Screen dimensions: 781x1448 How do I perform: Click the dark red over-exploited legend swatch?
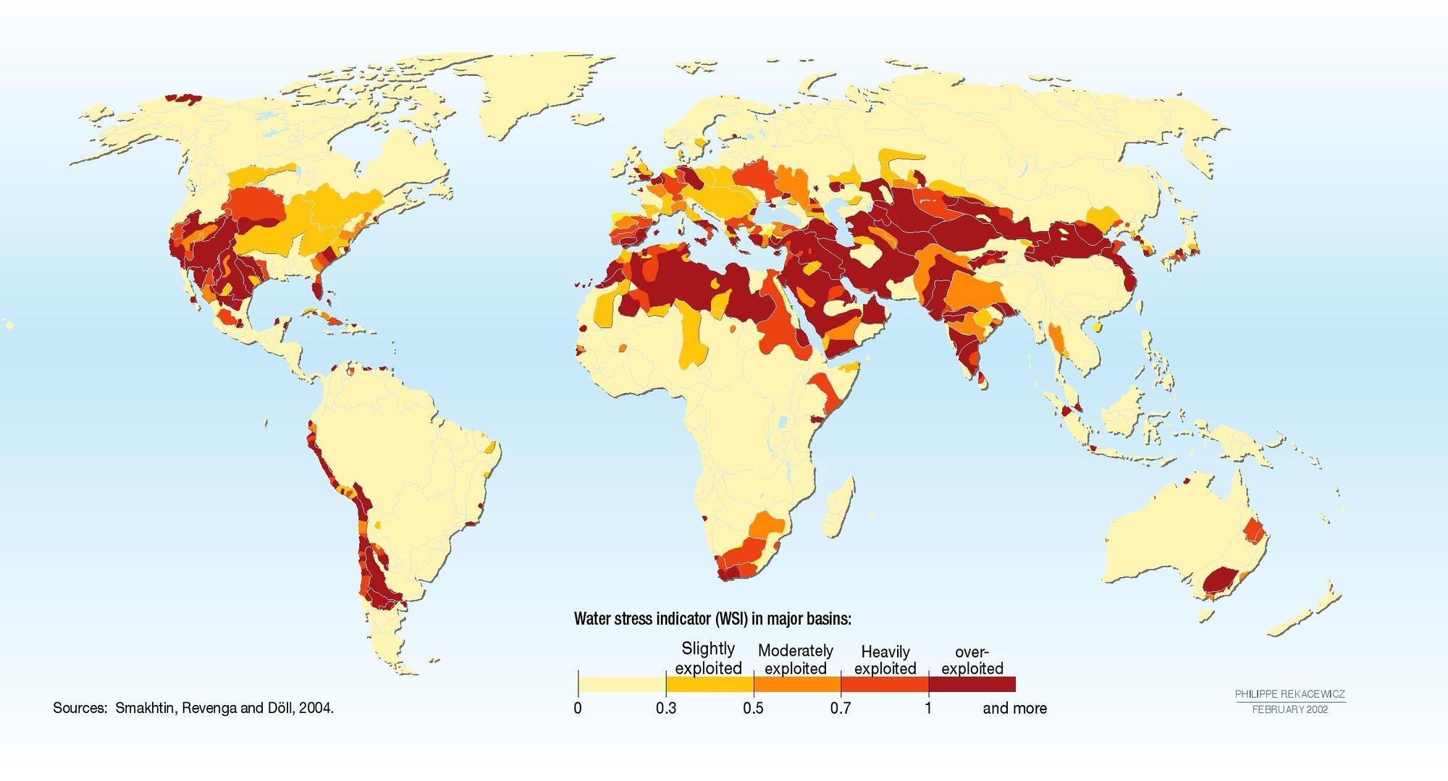point(972,685)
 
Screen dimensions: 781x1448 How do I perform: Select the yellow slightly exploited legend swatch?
point(710,685)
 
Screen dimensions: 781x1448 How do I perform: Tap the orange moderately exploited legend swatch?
point(797,685)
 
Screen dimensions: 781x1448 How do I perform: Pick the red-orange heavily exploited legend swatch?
point(884,685)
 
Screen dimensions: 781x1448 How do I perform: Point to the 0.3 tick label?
point(666,708)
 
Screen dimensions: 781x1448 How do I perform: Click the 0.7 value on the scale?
point(841,708)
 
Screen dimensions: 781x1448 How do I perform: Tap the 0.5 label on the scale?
point(753,708)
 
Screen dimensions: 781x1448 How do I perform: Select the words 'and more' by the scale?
point(1014,708)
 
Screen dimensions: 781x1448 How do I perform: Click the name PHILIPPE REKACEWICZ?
point(1290,694)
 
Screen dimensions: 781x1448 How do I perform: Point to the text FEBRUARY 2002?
point(1290,709)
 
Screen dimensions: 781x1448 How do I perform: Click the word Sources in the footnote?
point(79,708)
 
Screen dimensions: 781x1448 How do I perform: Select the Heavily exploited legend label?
point(885,659)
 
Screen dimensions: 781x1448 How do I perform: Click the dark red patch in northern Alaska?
point(182,97)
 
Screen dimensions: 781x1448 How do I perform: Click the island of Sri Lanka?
point(982,379)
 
